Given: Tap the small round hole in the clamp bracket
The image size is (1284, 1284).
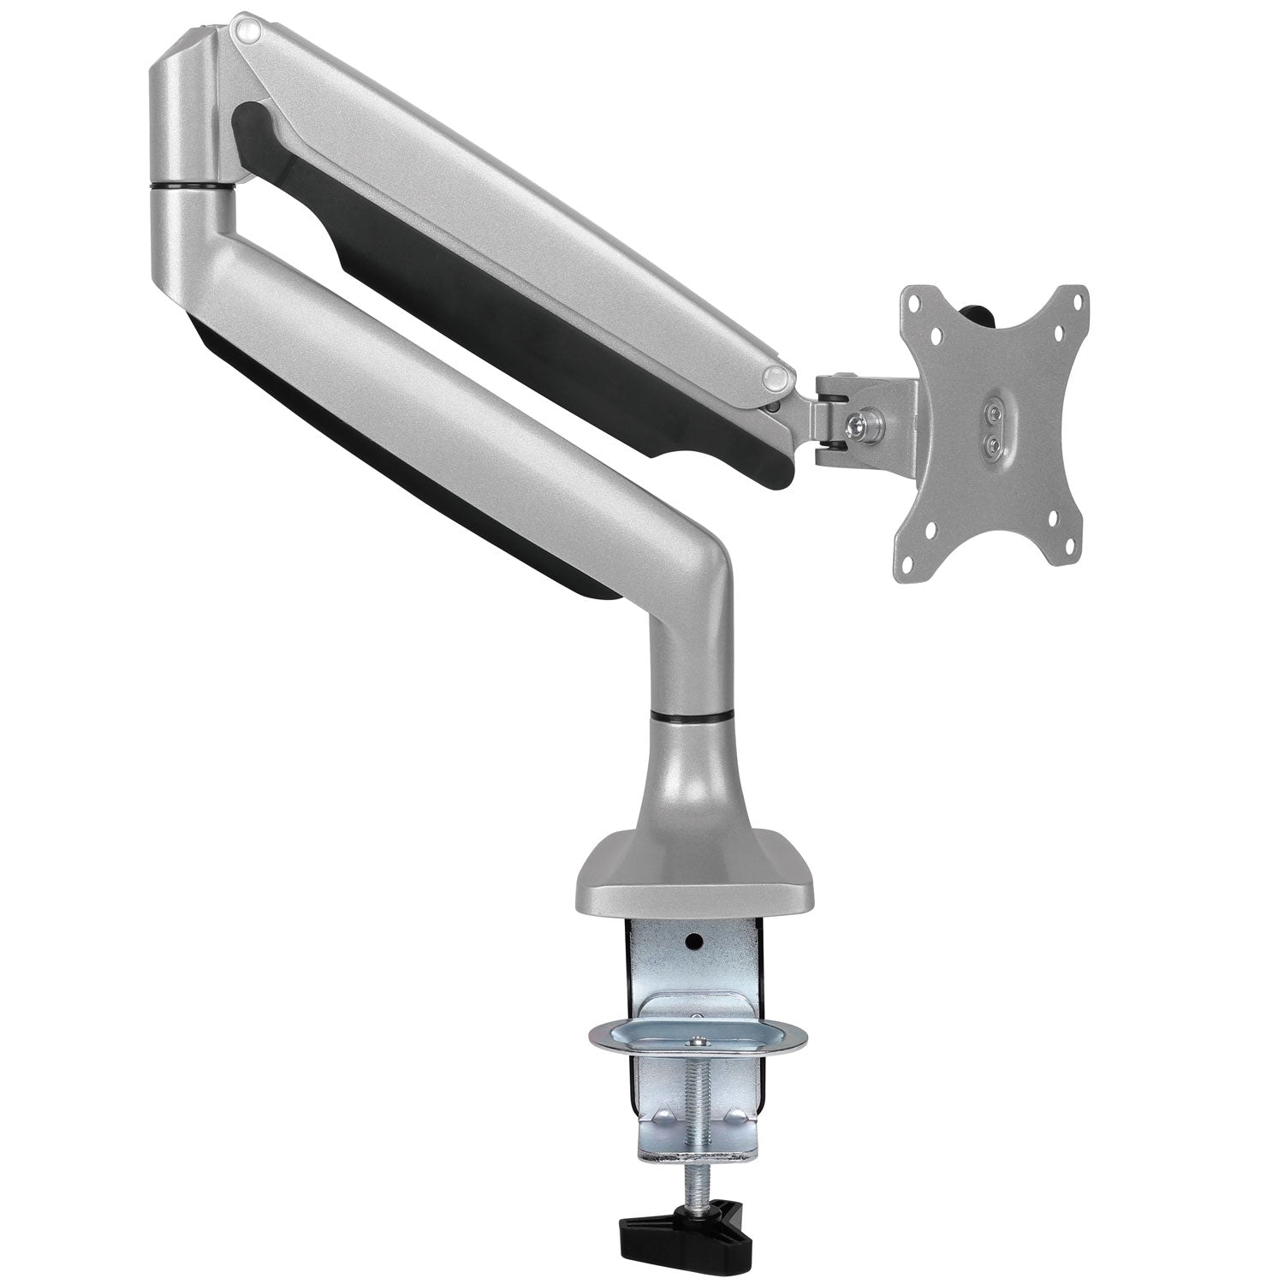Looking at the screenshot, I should (x=694, y=941).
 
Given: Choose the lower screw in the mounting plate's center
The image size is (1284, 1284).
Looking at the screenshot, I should (x=993, y=443).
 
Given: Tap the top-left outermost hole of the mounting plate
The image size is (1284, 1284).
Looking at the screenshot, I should (x=917, y=300).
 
